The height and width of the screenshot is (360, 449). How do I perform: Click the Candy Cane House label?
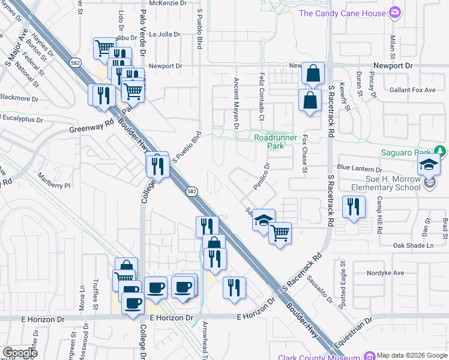click(x=342, y=13)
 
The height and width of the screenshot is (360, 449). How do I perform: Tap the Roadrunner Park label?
click(x=276, y=142)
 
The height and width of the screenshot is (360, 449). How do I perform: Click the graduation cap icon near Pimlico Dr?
click(x=263, y=220)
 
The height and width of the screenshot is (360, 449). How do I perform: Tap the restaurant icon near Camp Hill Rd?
click(x=353, y=207)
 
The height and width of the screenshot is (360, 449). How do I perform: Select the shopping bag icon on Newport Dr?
click(x=313, y=74)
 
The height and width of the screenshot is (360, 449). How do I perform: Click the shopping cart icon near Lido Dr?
click(x=104, y=48)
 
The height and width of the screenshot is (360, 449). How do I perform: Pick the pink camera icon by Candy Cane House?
click(x=394, y=12)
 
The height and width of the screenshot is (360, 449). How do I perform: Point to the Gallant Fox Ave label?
click(x=413, y=90)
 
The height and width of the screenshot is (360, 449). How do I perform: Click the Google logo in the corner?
click(x=20, y=353)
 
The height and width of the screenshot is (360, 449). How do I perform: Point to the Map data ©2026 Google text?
click(x=413, y=355)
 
